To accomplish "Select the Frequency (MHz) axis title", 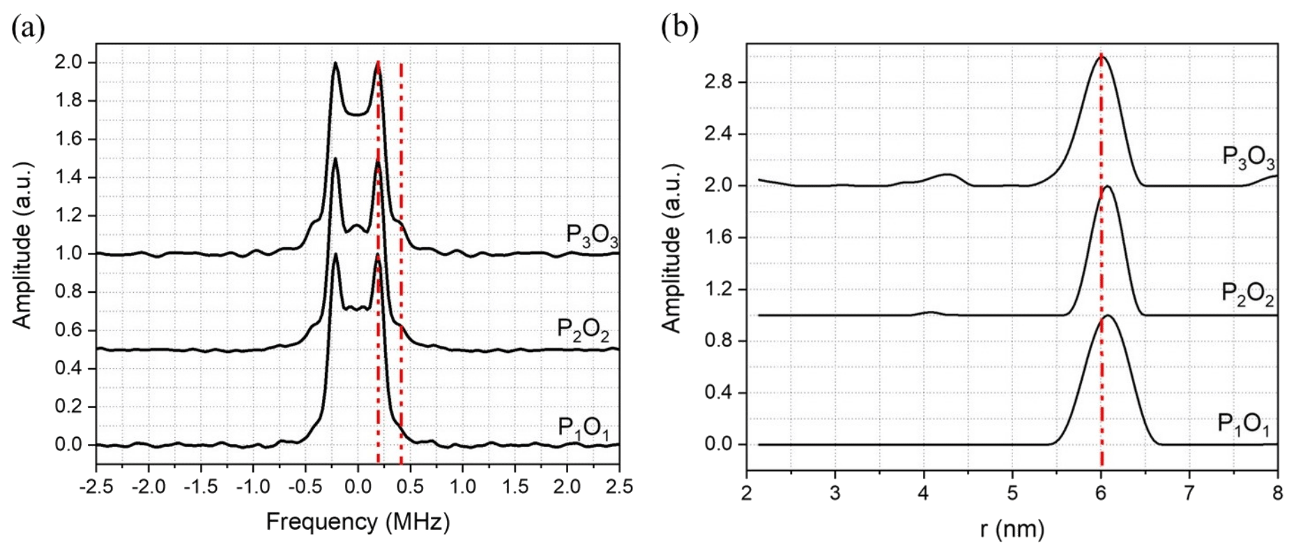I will (358, 522).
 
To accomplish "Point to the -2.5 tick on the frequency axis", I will (96, 486).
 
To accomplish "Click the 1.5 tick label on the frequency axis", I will (515, 486).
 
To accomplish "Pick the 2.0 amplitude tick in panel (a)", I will (70, 63).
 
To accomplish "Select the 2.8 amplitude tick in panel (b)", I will (721, 82).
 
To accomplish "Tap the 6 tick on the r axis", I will (1101, 493).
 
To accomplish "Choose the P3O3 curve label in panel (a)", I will (592, 235).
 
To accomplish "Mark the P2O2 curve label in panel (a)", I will (584, 329).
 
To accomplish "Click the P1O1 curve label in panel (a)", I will (584, 427).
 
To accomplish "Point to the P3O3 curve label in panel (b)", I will (1249, 157).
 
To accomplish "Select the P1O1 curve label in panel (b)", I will (1243, 424).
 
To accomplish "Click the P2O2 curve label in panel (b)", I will (1247, 294).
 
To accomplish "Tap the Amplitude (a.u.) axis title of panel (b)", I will (671, 248).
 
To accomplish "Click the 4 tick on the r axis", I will (924, 493).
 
